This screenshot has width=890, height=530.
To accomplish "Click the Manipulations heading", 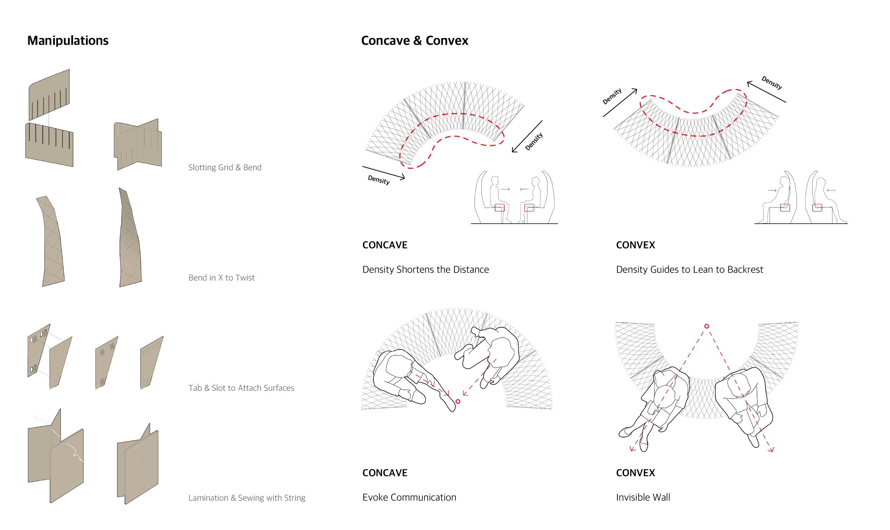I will [68, 41].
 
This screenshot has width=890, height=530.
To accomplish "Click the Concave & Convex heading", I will [414, 41].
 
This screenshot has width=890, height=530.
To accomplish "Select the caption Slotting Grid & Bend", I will [225, 167].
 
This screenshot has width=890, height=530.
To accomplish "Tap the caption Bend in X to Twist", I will [221, 277].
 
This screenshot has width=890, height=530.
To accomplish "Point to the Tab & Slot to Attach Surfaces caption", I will [241, 388].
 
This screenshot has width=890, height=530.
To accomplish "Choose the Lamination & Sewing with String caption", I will [247, 498].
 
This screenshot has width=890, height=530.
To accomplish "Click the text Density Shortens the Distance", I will [425, 269].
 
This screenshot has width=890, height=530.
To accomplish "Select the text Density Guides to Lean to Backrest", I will [689, 269].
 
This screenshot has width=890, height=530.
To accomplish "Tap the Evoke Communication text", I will [409, 497].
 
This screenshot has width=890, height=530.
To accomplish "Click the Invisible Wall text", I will [643, 497].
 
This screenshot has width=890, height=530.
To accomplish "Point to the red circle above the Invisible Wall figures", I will [706, 326].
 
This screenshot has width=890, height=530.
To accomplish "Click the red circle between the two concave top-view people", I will [458, 402].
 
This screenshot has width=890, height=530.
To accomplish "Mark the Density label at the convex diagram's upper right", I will [771, 82].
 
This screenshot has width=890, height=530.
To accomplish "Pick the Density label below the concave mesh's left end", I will [379, 180].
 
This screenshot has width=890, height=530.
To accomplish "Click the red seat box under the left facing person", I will [499, 208].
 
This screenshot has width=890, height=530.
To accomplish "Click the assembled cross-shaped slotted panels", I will [138, 145].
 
